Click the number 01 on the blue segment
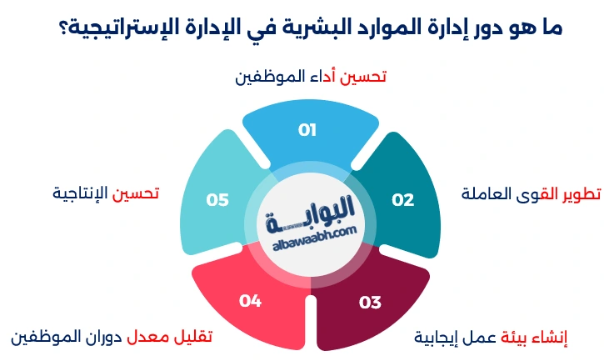coord(307,130)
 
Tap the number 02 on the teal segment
coord(403,200)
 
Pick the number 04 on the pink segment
coord(250,301)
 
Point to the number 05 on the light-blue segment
coord(217,200)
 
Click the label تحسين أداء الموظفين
coord(311,77)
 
